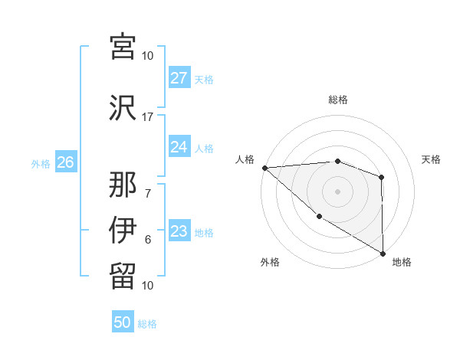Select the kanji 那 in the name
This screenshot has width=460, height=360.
tap(123, 185)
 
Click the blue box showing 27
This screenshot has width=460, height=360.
tap(179, 78)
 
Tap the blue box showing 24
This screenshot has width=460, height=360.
tap(179, 147)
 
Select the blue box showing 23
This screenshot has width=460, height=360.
tap(179, 231)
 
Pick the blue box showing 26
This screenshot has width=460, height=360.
tap(65, 162)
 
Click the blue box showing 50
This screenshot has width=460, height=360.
tap(123, 323)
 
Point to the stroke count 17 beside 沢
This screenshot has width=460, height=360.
tap(147, 117)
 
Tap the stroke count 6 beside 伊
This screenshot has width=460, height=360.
tap(147, 240)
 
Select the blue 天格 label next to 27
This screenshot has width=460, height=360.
tap(203, 79)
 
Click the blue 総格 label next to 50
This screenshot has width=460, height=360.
tap(147, 324)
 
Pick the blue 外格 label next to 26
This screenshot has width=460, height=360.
tap(41, 163)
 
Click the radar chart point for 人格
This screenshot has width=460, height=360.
tap(264, 168)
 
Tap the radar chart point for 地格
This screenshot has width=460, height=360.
tap(381, 253)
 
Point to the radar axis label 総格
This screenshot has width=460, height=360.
tap(337, 100)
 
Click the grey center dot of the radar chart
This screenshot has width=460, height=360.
tap(337, 191)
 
